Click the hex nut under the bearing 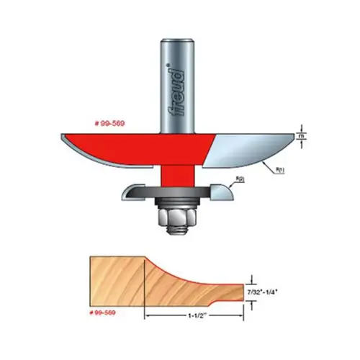click(x=174, y=208)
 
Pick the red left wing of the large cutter click(x=108, y=144)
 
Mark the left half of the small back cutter click(x=140, y=192)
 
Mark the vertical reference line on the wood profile click(x=147, y=284)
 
